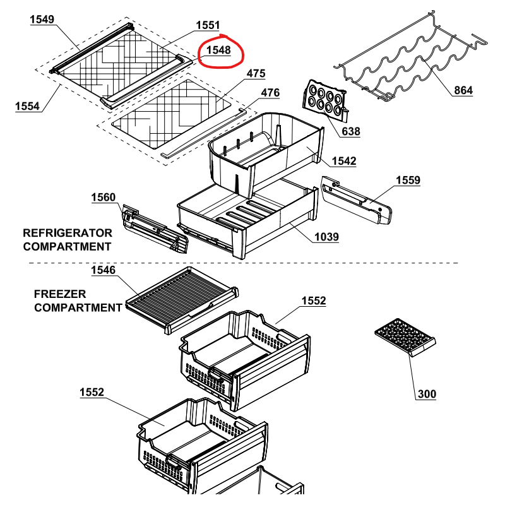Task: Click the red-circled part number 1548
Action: point(218,50)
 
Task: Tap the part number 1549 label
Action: point(42,20)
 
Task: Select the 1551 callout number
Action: point(208,25)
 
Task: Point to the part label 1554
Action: point(27,106)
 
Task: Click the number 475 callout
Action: point(256,73)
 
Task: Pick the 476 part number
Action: point(270,93)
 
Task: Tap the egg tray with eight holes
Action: point(325,100)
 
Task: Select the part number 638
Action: point(351,131)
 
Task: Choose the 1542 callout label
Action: point(344,161)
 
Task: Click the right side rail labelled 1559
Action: point(357,199)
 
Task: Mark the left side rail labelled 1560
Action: point(155,229)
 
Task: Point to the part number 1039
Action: point(326,237)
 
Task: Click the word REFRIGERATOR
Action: point(68,233)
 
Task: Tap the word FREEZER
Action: point(60,294)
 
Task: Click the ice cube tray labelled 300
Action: point(405,337)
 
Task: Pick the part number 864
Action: point(463,90)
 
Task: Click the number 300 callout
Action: point(427,394)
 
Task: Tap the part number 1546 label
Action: point(103,270)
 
